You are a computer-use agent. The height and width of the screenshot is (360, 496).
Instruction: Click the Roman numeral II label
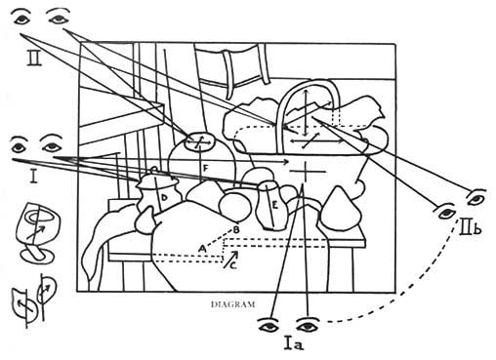click(34, 59)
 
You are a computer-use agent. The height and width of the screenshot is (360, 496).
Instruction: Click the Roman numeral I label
click(33, 176)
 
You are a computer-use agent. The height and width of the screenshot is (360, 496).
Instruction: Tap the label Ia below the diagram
click(294, 343)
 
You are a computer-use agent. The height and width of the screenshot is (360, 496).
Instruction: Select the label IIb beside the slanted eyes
click(471, 226)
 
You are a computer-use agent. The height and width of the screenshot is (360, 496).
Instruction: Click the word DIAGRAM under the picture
click(233, 304)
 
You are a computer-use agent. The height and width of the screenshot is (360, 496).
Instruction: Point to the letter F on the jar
click(205, 169)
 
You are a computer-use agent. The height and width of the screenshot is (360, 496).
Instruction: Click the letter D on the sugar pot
click(164, 197)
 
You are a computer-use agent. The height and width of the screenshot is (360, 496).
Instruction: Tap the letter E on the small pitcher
click(275, 206)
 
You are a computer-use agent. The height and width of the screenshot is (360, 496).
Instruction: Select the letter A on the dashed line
click(202, 249)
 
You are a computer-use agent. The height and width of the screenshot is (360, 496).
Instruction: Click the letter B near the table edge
click(236, 229)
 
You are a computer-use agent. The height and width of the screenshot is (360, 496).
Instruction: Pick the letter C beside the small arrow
click(233, 265)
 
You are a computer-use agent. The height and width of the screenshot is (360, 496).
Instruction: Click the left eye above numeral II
click(22, 18)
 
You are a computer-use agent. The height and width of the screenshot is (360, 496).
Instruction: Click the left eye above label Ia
click(269, 325)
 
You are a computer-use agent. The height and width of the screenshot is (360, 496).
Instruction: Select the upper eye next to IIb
click(476, 197)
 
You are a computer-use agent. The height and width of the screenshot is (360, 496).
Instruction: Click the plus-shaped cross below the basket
click(305, 171)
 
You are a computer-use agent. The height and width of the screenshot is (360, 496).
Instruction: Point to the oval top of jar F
click(199, 141)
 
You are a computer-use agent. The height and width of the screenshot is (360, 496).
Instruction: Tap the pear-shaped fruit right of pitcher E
click(340, 208)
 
